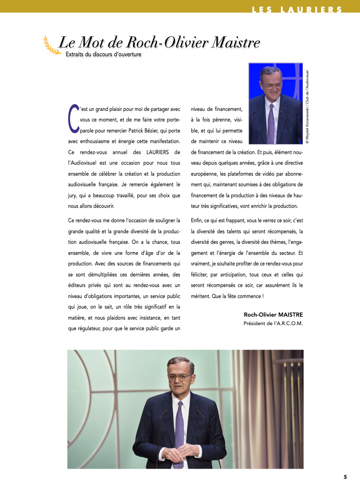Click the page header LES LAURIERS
297,10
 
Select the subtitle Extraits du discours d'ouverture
103,54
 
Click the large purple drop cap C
73,116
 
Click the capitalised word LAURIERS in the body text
159,152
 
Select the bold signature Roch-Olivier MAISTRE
273,315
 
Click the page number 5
345,477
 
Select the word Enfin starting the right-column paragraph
197,221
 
